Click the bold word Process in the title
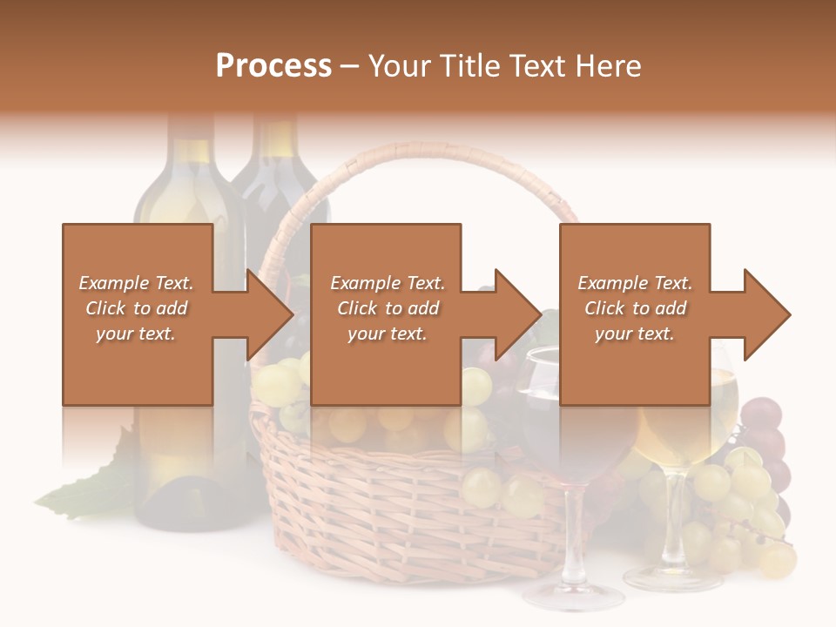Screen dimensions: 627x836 click(x=273, y=66)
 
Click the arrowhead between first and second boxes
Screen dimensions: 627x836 click(x=270, y=314)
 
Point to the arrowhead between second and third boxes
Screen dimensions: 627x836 click(x=518, y=314)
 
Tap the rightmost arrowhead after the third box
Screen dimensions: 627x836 click(x=767, y=314)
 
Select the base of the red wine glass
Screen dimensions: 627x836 click(x=572, y=596)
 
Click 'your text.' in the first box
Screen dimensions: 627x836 click(x=136, y=333)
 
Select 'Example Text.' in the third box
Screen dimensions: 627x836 click(x=635, y=283)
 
